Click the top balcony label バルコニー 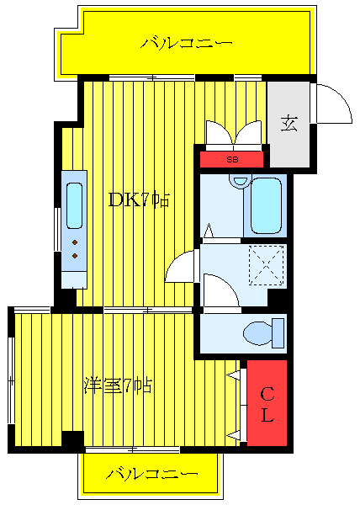[x=187, y=42]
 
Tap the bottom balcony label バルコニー [x=152, y=475]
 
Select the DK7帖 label [x=140, y=201]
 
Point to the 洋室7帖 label [x=118, y=386]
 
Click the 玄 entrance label [x=289, y=124]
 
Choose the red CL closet [x=267, y=404]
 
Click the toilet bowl [x=257, y=334]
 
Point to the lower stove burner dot [x=75, y=255]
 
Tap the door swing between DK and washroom [x=183, y=268]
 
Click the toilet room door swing [x=221, y=291]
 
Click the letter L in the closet [x=267, y=415]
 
